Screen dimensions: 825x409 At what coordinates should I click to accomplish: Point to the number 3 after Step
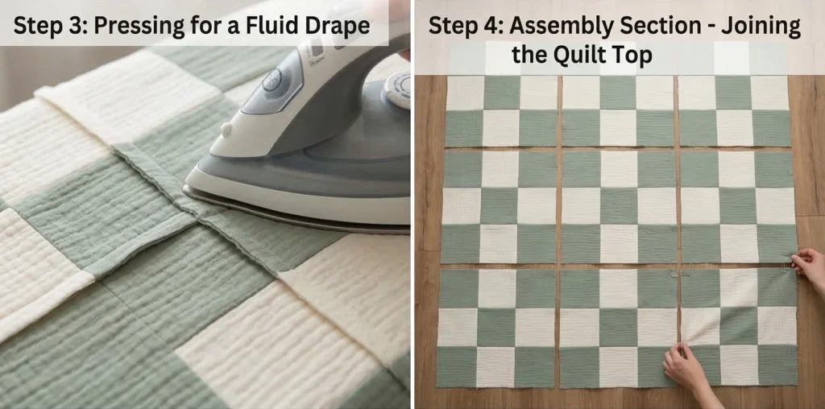(71, 25)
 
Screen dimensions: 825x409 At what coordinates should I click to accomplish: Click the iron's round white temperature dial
(397, 89)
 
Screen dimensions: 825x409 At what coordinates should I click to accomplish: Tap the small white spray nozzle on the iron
(226, 129)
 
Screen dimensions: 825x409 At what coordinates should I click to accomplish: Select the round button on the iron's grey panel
(272, 81)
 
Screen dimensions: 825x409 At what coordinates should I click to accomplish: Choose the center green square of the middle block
(618, 206)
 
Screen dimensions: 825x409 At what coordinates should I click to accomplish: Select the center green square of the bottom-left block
(495, 327)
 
